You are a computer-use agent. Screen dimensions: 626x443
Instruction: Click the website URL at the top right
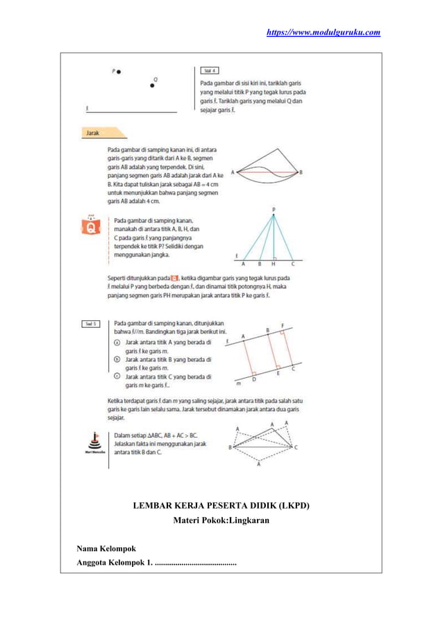[324, 32]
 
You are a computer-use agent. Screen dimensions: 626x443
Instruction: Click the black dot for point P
[119, 72]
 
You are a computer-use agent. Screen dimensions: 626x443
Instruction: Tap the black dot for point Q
[153, 85]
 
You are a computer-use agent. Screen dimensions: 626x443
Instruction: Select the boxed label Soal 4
[211, 71]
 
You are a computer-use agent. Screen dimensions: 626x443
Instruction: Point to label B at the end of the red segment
[301, 172]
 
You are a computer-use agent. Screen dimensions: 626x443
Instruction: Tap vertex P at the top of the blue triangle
[274, 209]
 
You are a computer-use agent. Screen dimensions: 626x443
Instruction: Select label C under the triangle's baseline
[292, 265]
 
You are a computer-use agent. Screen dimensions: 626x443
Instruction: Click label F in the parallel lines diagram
[282, 325]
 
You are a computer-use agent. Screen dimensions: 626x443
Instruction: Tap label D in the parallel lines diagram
[253, 380]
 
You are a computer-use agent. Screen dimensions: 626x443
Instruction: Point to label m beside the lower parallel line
[238, 382]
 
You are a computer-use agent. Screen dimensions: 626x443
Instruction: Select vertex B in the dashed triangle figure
[230, 447]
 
